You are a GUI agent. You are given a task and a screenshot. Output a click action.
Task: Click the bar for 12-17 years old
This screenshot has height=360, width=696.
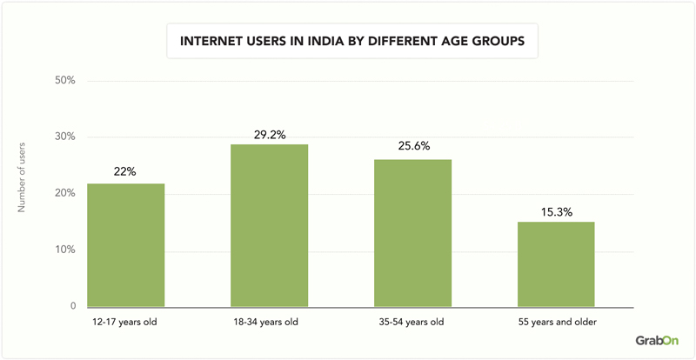(125, 245)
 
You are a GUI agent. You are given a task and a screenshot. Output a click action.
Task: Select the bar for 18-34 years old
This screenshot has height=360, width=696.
(269, 225)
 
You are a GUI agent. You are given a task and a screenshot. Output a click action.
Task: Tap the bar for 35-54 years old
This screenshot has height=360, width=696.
(412, 233)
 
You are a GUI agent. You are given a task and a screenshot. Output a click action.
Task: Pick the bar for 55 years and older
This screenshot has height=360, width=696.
(556, 264)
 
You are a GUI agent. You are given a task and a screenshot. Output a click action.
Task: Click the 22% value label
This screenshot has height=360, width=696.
(125, 171)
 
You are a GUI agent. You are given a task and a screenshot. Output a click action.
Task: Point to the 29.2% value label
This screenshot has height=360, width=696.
(269, 134)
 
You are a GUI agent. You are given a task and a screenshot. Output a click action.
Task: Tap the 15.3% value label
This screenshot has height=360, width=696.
(556, 209)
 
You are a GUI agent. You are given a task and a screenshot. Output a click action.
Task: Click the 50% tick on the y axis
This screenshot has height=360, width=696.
(65, 81)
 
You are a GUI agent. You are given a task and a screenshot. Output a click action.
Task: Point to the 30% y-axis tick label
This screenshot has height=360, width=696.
(65, 137)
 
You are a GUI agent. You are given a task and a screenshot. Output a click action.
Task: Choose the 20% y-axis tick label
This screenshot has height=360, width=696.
(65, 194)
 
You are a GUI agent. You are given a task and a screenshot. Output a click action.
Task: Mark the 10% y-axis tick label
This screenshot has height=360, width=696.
(65, 250)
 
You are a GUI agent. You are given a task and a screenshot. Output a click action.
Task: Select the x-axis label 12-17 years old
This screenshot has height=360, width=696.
(125, 323)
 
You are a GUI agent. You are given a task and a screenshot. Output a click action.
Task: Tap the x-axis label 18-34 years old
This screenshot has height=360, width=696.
(269, 323)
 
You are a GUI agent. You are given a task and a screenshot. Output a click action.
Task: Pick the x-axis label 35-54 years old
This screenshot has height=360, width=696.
(412, 323)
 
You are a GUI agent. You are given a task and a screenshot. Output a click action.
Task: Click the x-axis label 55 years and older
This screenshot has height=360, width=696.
(556, 323)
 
